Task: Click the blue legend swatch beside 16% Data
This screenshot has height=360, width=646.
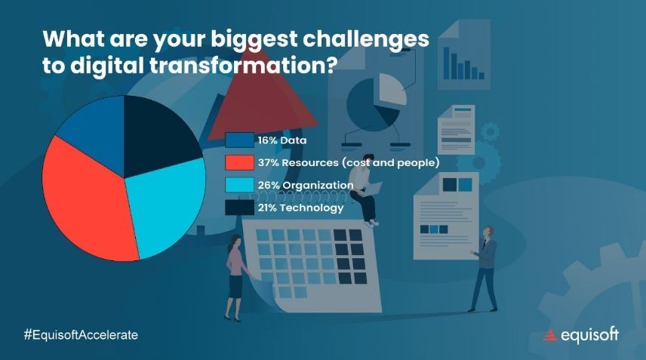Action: [x=239, y=140]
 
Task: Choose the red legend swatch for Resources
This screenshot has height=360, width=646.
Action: [x=239, y=162]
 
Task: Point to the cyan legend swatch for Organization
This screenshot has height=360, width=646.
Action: [x=239, y=185]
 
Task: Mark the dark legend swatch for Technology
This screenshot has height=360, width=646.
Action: [x=239, y=208]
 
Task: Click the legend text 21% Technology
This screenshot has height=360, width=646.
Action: [x=301, y=208]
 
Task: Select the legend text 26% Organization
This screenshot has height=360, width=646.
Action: [x=306, y=186]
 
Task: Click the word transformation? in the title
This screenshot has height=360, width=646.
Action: [x=244, y=66]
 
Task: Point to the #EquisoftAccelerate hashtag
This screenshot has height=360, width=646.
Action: [x=81, y=335]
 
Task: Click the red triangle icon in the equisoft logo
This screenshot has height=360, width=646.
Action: [x=549, y=336]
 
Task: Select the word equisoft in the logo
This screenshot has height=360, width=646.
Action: [x=589, y=335]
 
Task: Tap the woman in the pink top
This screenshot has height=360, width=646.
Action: [x=236, y=278]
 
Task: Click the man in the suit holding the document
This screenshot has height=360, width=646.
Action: [x=484, y=269]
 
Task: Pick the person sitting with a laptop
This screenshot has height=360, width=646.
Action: [x=365, y=190]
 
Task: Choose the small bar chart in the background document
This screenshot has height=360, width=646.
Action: [x=463, y=63]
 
